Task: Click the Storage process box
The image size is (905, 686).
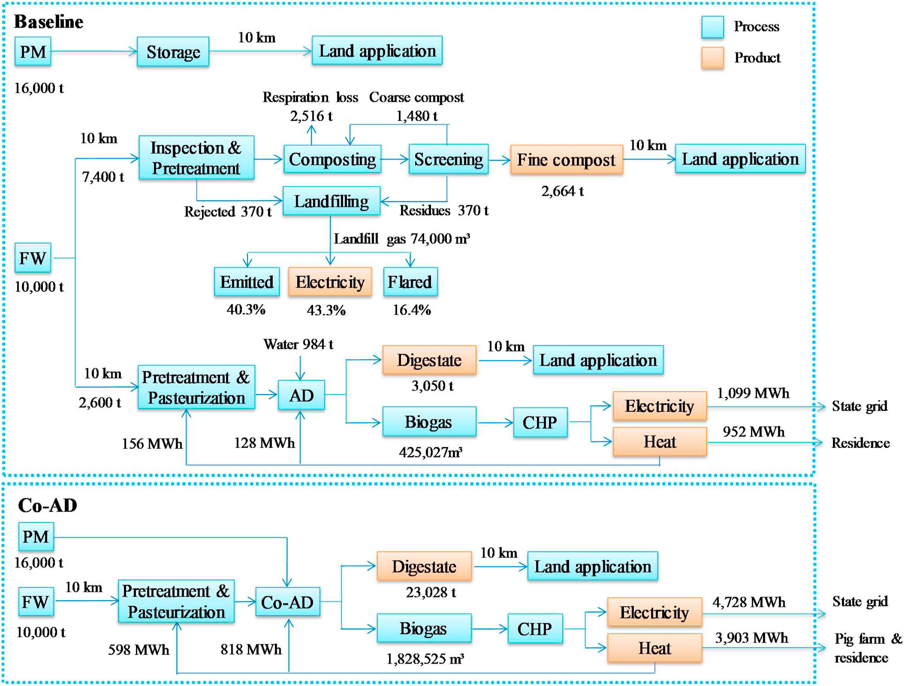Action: coord(173,52)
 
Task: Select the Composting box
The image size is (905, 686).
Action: coord(332,159)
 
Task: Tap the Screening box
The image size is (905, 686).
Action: coord(448,159)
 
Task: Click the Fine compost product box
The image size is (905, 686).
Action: coord(566,159)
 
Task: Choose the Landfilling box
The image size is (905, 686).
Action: coord(331,201)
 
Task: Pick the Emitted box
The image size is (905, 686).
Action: coord(247,282)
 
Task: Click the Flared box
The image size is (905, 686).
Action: coord(410,282)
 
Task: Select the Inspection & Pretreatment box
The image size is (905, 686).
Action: coord(196,158)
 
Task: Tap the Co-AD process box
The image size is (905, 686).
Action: coord(287,602)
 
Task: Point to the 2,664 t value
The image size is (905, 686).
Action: coord(563,191)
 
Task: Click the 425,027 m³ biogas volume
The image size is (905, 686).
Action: coord(430,452)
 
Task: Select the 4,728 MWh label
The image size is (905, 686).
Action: coord(749,602)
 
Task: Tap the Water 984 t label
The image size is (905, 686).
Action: coord(298,344)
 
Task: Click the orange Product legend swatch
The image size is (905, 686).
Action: coord(712,58)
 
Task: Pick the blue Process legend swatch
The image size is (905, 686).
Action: coord(712,27)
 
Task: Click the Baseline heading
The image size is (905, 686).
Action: coord(49,22)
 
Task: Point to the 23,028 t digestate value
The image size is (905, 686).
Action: coord(431,592)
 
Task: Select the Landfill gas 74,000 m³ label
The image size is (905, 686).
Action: coord(402,239)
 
